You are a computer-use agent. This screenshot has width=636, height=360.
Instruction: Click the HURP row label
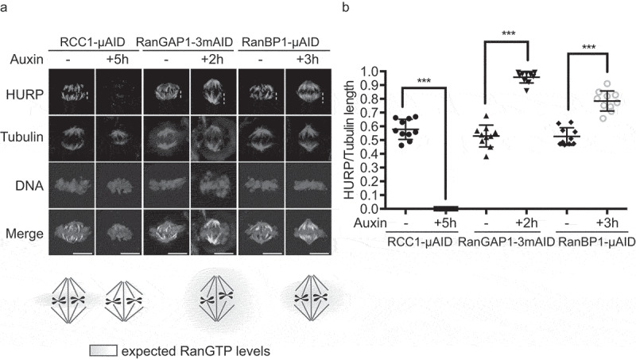point(25,95)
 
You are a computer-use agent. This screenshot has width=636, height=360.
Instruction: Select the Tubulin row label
point(22,137)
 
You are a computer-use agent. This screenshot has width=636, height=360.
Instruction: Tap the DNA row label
point(29,185)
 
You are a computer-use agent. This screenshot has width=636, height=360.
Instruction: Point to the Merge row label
point(25,234)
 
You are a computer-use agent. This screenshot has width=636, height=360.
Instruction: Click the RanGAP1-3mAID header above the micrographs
point(184,42)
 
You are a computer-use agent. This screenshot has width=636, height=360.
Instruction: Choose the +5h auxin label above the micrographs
point(117,59)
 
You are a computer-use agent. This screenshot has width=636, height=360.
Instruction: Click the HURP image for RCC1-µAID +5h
point(118,91)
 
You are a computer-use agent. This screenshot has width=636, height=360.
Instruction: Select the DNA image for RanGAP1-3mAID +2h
point(213,185)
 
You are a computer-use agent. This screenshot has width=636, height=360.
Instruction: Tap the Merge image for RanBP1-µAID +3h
point(308,232)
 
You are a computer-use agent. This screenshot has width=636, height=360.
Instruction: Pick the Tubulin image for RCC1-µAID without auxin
point(72,138)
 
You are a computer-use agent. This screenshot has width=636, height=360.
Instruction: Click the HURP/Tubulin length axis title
point(349,139)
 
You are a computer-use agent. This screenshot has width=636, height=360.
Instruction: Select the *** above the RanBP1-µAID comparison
point(588,48)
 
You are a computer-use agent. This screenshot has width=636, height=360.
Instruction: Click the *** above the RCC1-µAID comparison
point(424,81)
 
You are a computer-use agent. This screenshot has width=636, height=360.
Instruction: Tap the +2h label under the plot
point(526,223)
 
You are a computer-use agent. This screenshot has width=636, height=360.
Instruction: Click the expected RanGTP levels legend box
point(103,350)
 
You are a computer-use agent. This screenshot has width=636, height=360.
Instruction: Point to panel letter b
point(346,7)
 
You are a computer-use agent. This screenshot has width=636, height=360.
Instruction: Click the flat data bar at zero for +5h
point(446,209)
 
